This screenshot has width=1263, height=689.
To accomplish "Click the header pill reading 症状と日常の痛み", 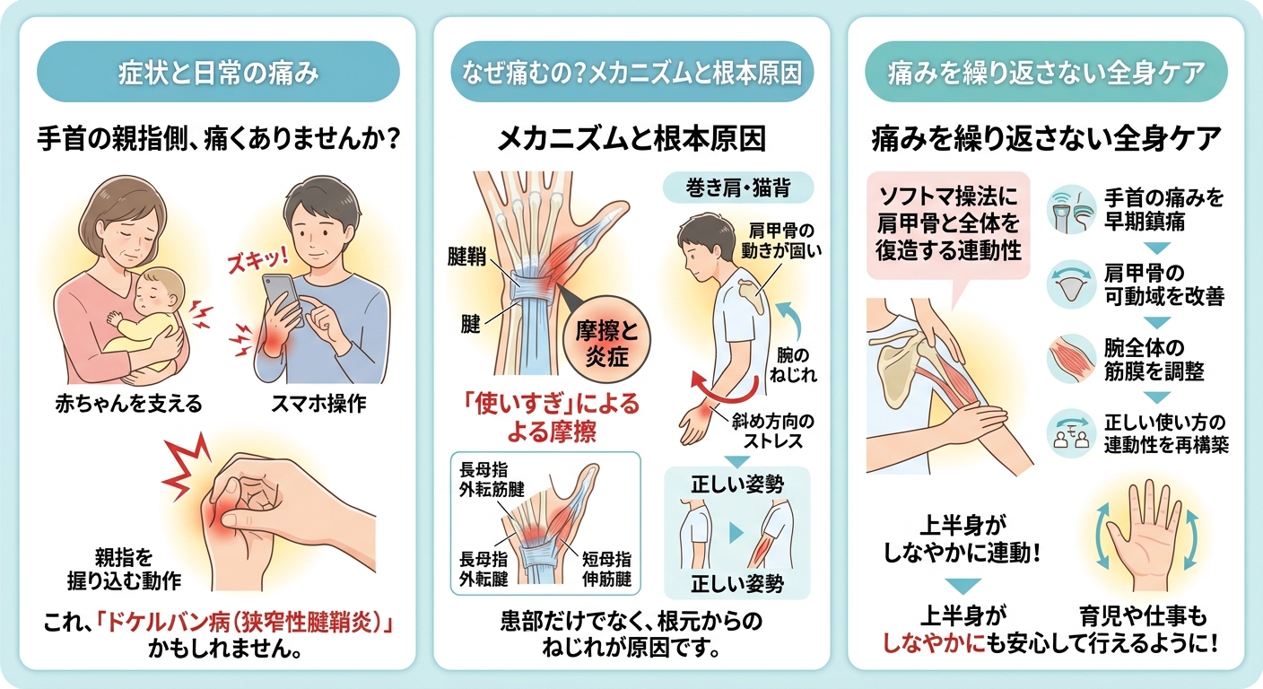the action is (x=218, y=72).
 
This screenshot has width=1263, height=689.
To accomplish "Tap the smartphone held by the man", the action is (x=283, y=298).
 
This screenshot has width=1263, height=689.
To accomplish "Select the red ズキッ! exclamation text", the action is (x=257, y=260).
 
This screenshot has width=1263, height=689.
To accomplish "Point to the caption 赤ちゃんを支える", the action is (x=128, y=404).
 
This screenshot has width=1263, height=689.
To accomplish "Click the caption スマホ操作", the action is (x=318, y=404).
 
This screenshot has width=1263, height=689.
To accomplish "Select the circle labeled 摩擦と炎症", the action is (x=606, y=340).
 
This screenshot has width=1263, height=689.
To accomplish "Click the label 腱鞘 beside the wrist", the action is (x=466, y=257).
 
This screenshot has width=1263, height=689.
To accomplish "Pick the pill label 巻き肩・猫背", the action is (x=738, y=188).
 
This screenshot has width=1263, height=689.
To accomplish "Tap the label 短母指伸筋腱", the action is (x=606, y=569).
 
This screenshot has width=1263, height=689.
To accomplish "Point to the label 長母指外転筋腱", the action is (x=492, y=480).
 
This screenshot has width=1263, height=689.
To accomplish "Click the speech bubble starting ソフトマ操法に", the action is (x=948, y=225).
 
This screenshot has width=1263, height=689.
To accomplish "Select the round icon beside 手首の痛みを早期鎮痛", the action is (x=1071, y=210).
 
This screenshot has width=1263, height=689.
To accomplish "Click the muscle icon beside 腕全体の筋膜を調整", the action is (x=1071, y=359).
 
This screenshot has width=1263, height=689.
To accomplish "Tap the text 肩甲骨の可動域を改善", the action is (x=1163, y=284).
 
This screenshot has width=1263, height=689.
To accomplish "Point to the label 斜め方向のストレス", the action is (x=773, y=431).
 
